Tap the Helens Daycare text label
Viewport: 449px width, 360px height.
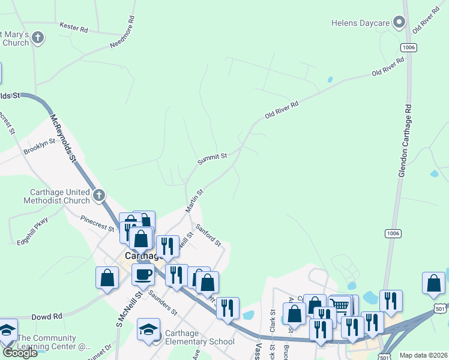(361, 23)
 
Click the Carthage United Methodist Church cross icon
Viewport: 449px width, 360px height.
(99, 194)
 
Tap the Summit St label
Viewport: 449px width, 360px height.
(212, 158)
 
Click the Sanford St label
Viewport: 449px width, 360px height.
(209, 235)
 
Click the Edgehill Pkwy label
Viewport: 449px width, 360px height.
(32, 229)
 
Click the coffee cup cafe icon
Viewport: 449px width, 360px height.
(143, 275)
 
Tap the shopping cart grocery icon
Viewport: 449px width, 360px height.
(340, 306)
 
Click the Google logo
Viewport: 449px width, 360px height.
(20, 353)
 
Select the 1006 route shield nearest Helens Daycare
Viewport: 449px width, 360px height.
(409, 47)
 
